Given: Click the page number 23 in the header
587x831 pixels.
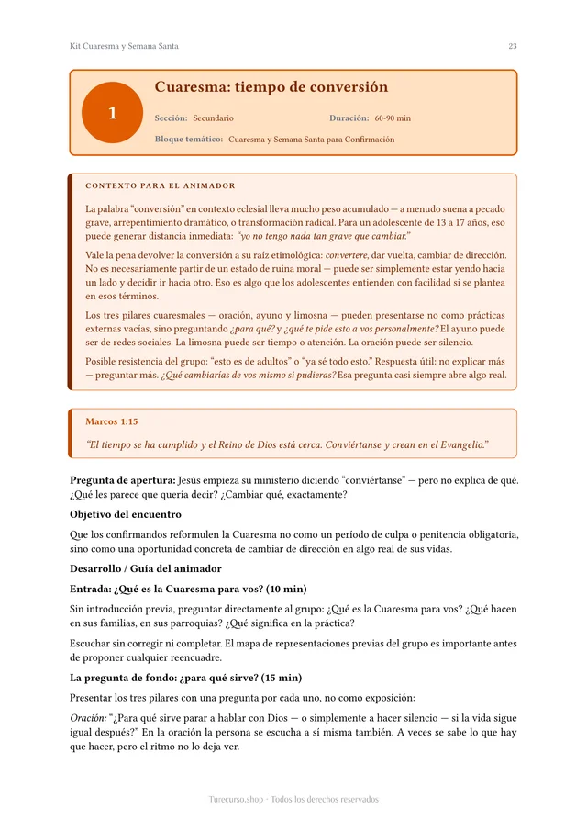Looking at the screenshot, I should click(513, 46).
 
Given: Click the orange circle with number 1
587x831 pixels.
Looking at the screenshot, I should click(112, 113).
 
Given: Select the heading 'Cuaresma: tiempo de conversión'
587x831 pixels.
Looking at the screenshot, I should click(271, 87).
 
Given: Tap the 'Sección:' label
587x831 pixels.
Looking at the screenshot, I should click(171, 118).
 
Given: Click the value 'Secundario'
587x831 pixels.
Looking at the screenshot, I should click(213, 118).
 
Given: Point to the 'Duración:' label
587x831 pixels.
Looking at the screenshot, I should click(349, 118).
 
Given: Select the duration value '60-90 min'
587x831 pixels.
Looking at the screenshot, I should click(393, 118).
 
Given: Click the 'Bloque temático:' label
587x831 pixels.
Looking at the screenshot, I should click(189, 140).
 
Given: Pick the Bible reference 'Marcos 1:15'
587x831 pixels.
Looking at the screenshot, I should click(111, 421).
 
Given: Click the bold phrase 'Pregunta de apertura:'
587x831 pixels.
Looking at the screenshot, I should click(123, 479).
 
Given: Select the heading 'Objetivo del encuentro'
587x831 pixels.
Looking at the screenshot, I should click(126, 514).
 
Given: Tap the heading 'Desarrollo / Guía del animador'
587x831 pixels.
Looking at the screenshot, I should click(146, 568).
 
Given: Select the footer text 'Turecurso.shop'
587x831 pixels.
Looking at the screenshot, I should click(237, 800).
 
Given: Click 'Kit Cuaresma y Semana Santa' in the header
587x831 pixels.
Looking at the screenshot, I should click(124, 46).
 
